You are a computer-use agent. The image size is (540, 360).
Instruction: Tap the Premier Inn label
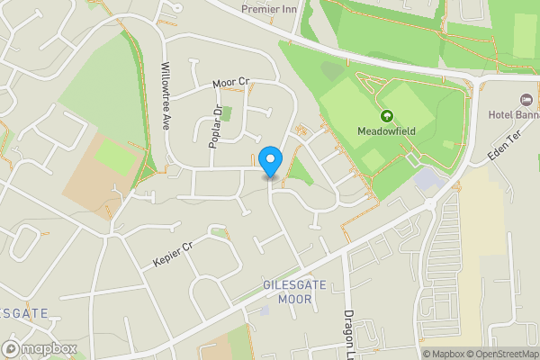pos(268,8)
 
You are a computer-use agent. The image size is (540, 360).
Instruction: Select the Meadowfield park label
pos(388,130)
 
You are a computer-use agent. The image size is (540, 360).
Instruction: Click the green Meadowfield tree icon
pos(387,115)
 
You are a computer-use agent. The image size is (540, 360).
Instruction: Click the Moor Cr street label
pos(230,83)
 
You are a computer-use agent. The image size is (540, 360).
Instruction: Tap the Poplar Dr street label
pos(215,128)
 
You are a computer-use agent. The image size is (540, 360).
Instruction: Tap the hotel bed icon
pos(526,99)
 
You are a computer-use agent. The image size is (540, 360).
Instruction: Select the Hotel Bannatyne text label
pos(514,114)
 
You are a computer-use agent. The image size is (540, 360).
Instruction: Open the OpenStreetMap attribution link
pos(501,354)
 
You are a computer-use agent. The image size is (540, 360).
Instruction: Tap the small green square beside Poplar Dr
pos(226,113)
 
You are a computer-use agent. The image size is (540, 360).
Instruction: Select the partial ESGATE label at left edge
pos(23,312)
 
